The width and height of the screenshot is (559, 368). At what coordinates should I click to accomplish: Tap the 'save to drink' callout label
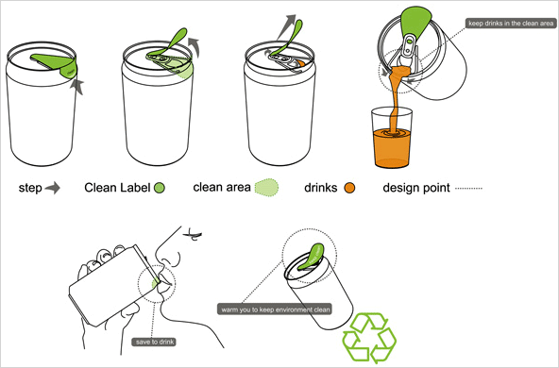[154, 342]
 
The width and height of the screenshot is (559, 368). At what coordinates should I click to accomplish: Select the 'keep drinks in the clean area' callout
[511, 24]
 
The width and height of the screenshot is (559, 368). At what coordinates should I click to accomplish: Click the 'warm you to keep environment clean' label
[275, 309]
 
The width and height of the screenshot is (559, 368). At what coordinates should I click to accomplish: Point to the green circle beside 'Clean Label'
[160, 188]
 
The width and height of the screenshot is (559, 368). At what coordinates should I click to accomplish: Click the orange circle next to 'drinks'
[349, 188]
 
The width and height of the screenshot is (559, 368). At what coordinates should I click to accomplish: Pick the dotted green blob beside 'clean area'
[266, 188]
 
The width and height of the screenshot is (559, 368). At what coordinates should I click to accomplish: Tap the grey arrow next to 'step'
[53, 188]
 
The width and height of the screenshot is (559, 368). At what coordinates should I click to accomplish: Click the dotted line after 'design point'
[468, 188]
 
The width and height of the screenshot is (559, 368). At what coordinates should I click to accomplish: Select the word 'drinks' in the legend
[320, 188]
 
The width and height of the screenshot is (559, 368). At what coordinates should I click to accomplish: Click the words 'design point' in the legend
[416, 188]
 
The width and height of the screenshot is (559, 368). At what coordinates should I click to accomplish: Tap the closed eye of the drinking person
[193, 235]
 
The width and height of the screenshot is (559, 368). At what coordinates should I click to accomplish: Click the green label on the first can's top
[56, 64]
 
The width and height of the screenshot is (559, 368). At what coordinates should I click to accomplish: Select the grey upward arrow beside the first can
[77, 87]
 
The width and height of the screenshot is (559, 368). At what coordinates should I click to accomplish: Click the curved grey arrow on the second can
[194, 47]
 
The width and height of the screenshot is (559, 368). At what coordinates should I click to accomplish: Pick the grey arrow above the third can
[287, 26]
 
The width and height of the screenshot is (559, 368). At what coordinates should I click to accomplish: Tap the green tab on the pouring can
[416, 23]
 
